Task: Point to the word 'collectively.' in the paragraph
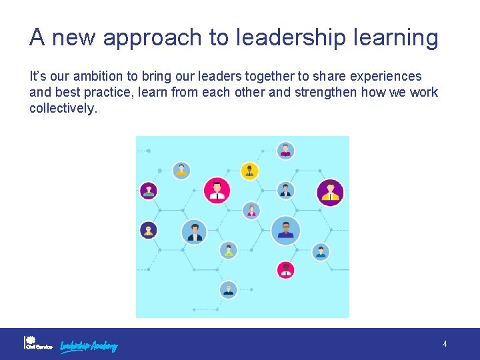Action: (63, 108)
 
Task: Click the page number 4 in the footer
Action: (445, 344)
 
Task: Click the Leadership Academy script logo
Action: (89, 345)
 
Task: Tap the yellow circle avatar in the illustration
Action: (249, 171)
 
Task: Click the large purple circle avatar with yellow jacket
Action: (330, 193)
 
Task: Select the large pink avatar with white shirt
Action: (217, 191)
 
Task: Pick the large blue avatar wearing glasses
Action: (285, 231)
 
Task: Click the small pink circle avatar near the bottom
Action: (285, 269)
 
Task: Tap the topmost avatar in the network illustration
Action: (285, 151)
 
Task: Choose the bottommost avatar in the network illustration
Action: (228, 289)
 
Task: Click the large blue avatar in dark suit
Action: (195, 231)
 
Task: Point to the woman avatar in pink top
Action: (251, 211)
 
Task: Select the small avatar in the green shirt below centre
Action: (229, 251)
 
